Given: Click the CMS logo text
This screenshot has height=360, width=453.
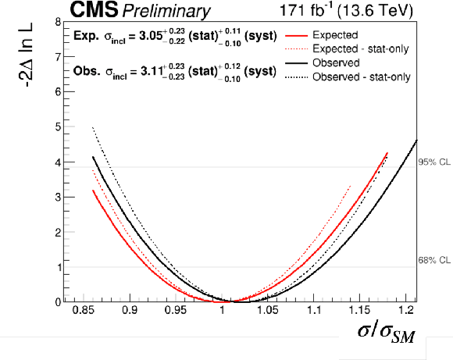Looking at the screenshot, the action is [94, 9].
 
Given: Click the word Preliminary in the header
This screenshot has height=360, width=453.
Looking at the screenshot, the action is [166, 12].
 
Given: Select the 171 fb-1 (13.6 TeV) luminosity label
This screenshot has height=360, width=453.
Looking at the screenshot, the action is [346, 10].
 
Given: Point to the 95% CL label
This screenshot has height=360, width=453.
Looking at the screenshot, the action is [434, 162].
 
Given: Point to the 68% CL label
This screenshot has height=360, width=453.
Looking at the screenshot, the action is [434, 260].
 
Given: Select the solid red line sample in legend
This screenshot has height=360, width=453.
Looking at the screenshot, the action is [297, 36].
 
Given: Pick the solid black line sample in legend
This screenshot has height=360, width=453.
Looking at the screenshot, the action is [297, 63].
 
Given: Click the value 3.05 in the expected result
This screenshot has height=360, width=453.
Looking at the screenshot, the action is [151, 36].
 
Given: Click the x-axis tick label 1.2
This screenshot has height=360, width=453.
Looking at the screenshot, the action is [405, 310].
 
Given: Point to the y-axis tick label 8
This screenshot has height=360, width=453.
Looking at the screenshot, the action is [58, 22].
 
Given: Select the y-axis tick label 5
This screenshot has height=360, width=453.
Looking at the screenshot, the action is [58, 127].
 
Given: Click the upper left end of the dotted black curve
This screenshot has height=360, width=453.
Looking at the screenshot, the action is [92, 127].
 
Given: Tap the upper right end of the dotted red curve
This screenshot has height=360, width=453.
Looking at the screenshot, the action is [351, 186].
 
